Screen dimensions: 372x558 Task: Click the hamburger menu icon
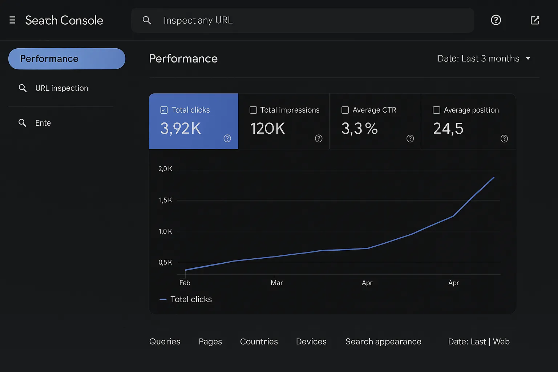tap(12, 20)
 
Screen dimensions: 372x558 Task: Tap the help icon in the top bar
tap(496, 20)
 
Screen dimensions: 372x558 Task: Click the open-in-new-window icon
tap(535, 20)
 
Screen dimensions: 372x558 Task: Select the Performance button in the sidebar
tap(67, 58)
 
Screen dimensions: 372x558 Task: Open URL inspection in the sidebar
tap(61, 88)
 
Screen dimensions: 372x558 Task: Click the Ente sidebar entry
tap(43, 123)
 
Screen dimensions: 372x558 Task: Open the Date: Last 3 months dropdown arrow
tap(528, 58)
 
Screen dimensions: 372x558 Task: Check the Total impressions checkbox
tap(253, 110)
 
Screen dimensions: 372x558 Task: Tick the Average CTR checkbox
tap(345, 110)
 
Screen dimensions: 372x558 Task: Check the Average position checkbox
tap(436, 110)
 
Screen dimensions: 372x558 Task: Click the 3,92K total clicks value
tap(181, 129)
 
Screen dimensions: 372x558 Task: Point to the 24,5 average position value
tap(448, 129)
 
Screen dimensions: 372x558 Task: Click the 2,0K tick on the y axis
tap(165, 169)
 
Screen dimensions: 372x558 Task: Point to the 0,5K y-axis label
tap(165, 262)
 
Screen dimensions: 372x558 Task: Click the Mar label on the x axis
tap(277, 283)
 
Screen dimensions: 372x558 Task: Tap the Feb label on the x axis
tap(185, 283)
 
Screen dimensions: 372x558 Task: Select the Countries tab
tap(259, 341)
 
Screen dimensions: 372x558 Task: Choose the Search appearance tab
tap(383, 341)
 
